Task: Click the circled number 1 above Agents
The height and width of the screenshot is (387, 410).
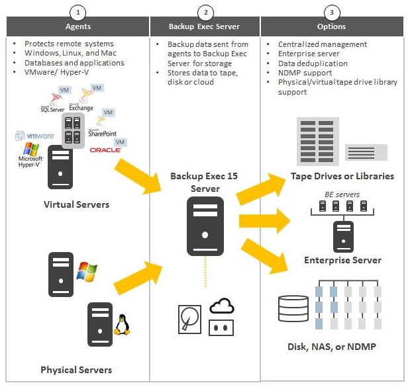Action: tap(79, 13)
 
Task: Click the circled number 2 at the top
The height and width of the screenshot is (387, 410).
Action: tap(205, 13)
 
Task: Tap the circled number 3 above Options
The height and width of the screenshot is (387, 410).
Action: tap(331, 13)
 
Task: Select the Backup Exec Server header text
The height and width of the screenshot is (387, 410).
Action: tap(205, 27)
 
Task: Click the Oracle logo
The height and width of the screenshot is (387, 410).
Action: tap(106, 150)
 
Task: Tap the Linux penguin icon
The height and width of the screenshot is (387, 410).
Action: tap(121, 324)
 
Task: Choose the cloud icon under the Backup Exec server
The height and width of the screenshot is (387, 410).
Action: tap(222, 306)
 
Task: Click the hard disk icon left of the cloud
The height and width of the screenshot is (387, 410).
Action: tap(189, 318)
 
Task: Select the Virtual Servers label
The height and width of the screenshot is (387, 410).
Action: tap(77, 204)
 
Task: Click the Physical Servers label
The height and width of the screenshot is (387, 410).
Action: tap(76, 370)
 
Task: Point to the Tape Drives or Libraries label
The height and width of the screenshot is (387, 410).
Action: tap(342, 177)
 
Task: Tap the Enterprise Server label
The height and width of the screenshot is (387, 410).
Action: tap(342, 260)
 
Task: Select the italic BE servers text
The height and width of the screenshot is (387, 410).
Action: tap(342, 194)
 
